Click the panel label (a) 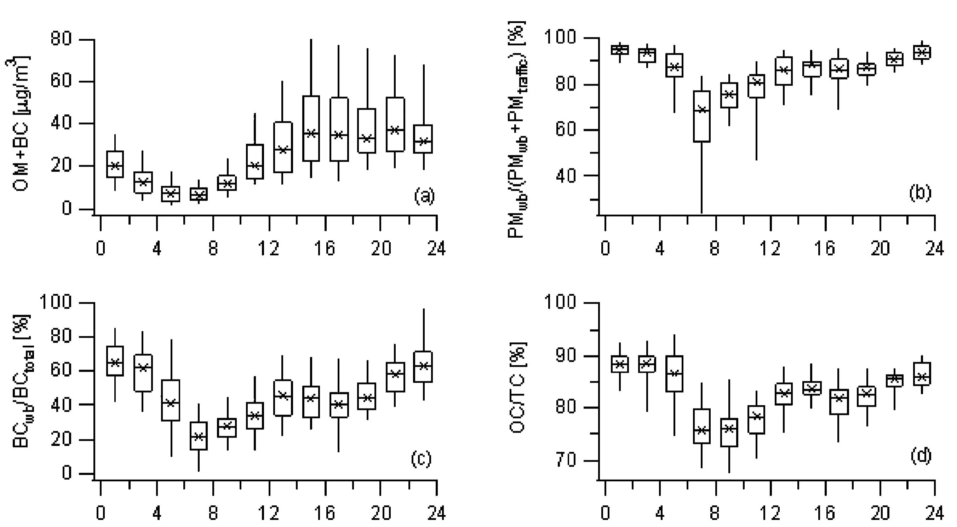(x=424, y=196)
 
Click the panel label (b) (x=920, y=192)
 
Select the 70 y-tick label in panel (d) (x=566, y=461)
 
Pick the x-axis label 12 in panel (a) (x=269, y=248)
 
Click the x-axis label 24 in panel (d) (x=934, y=513)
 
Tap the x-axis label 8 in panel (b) (x=714, y=248)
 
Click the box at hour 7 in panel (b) (x=702, y=116)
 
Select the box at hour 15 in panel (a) (x=311, y=128)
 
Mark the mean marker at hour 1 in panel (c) (x=115, y=363)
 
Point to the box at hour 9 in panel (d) (x=729, y=432)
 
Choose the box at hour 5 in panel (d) (x=674, y=373)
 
